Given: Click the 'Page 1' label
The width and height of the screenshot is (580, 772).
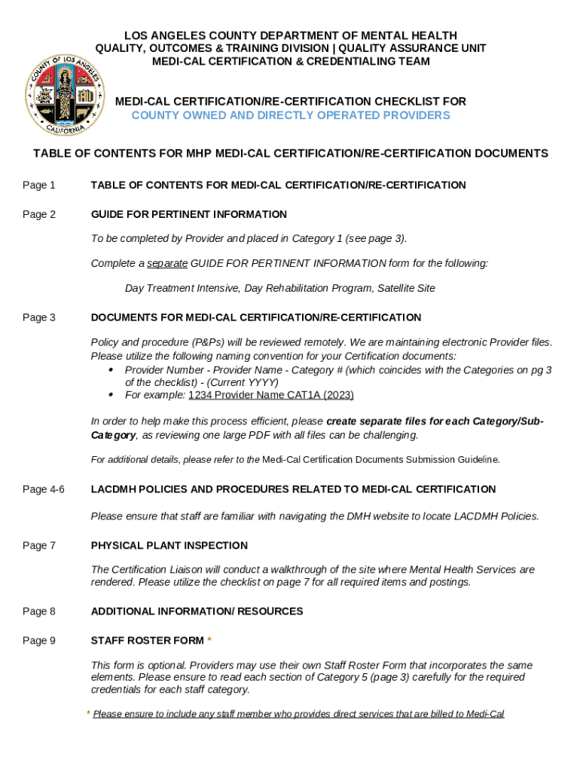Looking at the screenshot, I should (39, 185).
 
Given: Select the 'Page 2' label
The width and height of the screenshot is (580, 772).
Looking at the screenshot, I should (39, 215).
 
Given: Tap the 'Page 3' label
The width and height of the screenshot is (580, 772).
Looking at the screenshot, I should (39, 318).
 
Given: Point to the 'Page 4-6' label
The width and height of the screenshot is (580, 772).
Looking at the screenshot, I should (44, 490).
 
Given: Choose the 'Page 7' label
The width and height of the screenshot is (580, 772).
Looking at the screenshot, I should (39, 546).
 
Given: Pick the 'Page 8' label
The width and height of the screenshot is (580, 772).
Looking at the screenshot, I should (39, 611).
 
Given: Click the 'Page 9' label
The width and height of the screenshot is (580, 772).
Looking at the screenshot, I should (39, 641).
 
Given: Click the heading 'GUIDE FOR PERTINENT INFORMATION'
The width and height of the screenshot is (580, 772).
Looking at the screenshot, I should (188, 215).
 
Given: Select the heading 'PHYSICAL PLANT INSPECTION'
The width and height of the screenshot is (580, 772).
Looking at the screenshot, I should (169, 546).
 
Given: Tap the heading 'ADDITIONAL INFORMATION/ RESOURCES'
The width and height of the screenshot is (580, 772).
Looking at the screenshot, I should (197, 611).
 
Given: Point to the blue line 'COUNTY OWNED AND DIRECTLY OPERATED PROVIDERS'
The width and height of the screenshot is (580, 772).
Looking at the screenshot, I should (290, 115).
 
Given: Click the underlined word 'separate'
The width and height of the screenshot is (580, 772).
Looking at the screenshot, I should (167, 264).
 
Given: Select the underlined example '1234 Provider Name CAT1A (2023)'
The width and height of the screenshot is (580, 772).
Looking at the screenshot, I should (270, 396).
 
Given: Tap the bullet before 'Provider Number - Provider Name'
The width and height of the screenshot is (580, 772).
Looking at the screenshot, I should (111, 370).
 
